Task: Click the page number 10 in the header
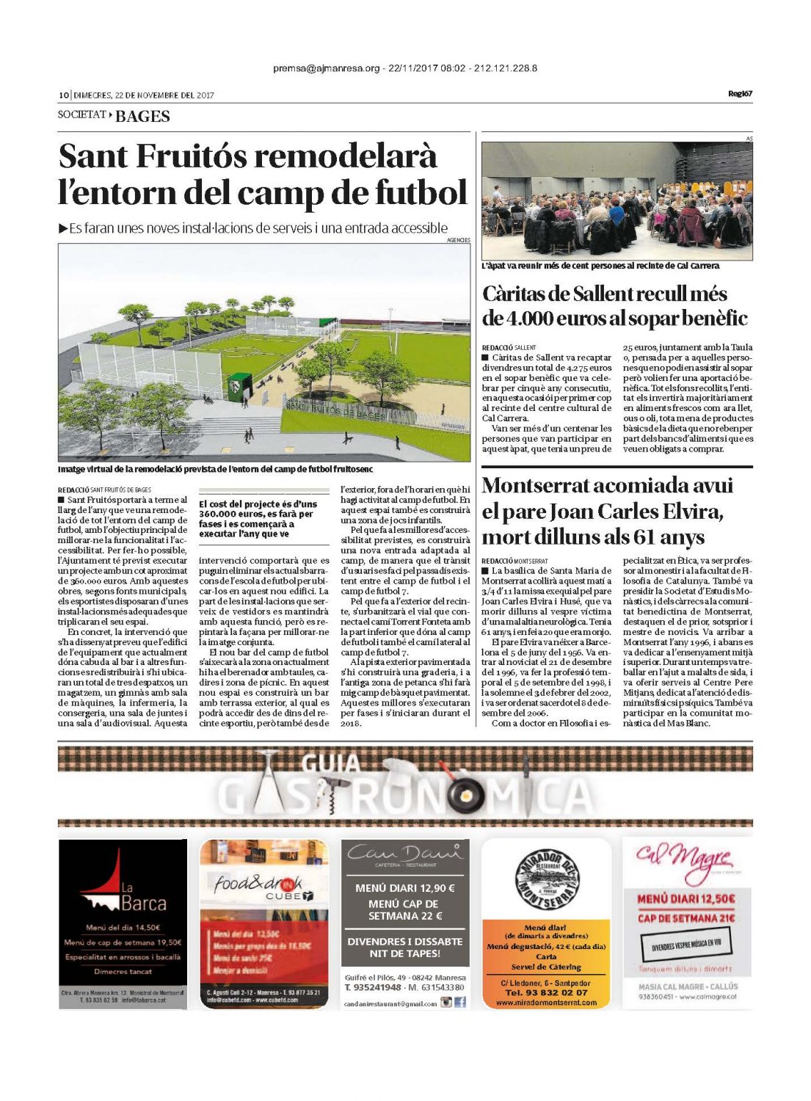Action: (63, 95)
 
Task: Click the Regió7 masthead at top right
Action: (740, 93)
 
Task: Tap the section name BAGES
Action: (142, 116)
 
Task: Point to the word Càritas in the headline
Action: (517, 294)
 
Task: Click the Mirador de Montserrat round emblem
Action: (546, 880)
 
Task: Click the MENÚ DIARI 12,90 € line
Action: (404, 888)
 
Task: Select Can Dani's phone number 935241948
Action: (372, 987)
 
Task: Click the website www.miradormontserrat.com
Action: (546, 1002)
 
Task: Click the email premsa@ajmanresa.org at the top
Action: (327, 68)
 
